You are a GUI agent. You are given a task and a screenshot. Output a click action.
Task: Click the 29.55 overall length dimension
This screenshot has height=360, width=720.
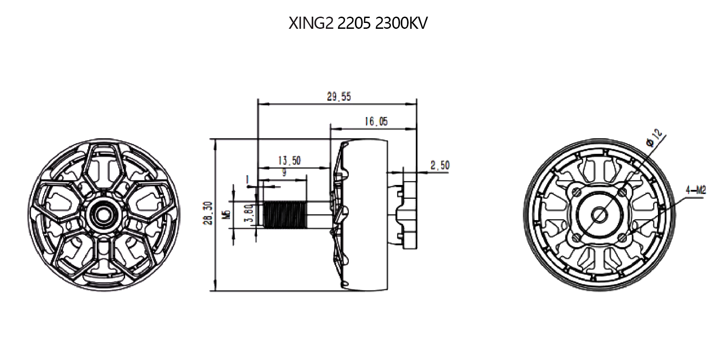click(339, 97)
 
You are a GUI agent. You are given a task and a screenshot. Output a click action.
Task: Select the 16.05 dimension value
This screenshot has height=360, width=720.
click(376, 121)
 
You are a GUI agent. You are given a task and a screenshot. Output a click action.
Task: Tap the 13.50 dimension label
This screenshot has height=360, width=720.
click(289, 161)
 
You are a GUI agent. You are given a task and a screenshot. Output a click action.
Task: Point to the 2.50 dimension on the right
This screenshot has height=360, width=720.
click(440, 166)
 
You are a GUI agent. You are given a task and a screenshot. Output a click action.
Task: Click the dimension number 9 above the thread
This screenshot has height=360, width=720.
click(284, 172)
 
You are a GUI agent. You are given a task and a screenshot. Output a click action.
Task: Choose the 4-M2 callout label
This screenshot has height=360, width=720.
click(695, 191)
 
